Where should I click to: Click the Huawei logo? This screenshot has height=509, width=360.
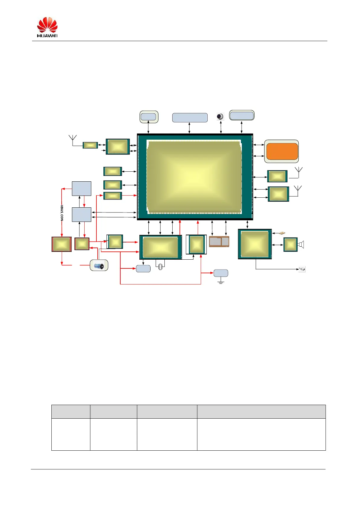pos(47,27)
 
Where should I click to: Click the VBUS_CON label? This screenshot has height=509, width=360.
pos(62,213)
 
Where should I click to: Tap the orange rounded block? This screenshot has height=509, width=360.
pos(282,151)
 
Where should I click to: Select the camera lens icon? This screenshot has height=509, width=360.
pos(220,117)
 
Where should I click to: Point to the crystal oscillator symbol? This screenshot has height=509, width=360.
pos(160,266)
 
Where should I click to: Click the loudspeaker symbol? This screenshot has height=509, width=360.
pos(301,245)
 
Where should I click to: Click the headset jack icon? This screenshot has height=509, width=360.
pos(302,269)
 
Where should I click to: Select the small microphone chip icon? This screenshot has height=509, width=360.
pos(282,233)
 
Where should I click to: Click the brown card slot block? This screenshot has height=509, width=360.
pos(219,242)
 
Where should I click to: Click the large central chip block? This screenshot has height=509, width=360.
pos(195,177)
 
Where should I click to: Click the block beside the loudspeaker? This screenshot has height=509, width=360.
pos(290,245)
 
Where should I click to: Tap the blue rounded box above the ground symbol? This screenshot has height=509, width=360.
pos(221,273)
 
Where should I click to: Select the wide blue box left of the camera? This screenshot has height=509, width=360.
pos(190,118)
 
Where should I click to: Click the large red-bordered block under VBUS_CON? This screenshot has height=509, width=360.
pos(62,244)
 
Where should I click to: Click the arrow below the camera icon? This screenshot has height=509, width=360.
pos(221,127)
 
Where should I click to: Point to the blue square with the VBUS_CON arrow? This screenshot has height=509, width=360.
pos(82,188)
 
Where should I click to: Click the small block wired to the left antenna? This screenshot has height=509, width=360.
pos(90,145)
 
